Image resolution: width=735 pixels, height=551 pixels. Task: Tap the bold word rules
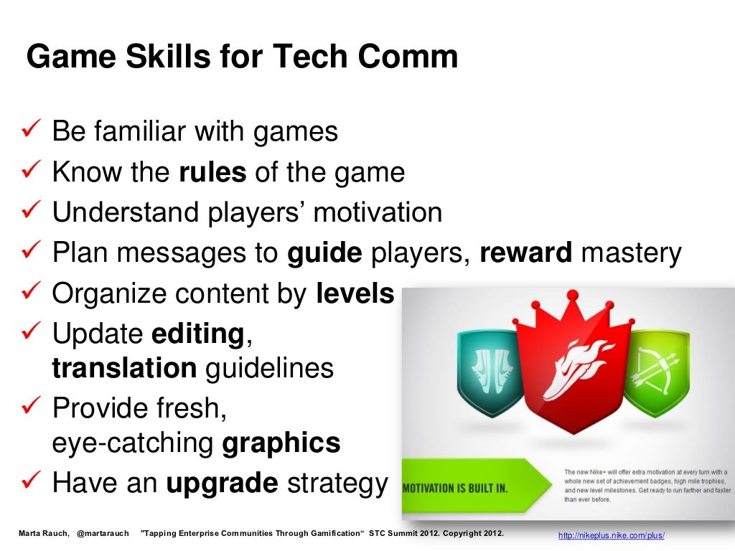click(x=212, y=172)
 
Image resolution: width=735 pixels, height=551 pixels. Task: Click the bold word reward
click(x=525, y=253)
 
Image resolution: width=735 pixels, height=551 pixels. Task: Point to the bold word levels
click(x=355, y=294)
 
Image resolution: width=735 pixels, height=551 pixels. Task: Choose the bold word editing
click(x=197, y=334)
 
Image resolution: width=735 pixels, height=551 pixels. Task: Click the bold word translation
click(x=124, y=368)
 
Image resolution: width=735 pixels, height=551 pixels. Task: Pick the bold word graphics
click(x=281, y=443)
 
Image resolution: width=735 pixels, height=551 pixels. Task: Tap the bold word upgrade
click(x=222, y=484)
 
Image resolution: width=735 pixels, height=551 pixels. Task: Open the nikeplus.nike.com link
click(x=612, y=536)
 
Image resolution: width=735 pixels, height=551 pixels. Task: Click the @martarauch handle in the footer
click(x=103, y=534)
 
